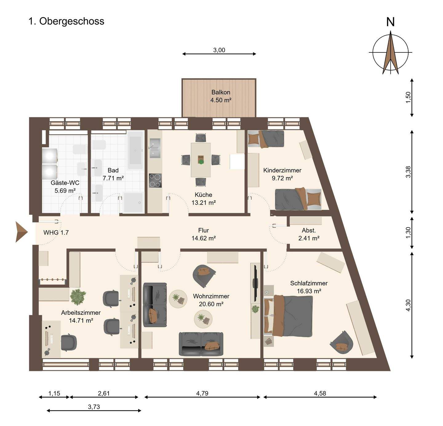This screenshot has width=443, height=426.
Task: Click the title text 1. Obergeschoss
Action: pyautogui.click(x=66, y=21)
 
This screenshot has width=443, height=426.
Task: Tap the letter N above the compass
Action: pyautogui.click(x=390, y=22)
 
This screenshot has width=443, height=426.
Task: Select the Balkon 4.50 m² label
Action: pyautogui.click(x=221, y=96)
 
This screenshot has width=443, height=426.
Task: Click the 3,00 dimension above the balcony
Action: pyautogui.click(x=219, y=50)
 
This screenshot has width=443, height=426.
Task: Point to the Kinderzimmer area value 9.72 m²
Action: pyautogui.click(x=282, y=178)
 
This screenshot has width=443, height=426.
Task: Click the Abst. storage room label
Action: pyautogui.click(x=309, y=230)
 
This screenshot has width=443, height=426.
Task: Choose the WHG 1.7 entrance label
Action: pyautogui.click(x=56, y=233)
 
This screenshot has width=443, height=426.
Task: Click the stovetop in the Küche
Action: pyautogui.click(x=155, y=181)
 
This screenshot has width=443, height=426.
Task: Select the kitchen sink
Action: pyautogui.click(x=155, y=148)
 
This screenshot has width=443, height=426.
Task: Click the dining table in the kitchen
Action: pyautogui.click(x=201, y=160)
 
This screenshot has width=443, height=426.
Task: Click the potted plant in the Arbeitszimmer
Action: pyautogui.click(x=78, y=297)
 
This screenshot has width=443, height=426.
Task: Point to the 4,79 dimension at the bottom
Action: pyautogui.click(x=202, y=393)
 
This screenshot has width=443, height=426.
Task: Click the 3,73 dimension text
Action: pyautogui.click(x=94, y=407)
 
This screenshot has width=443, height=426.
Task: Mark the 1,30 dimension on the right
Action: pyautogui.click(x=409, y=233)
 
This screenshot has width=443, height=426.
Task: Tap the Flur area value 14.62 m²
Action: pyautogui.click(x=204, y=238)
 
